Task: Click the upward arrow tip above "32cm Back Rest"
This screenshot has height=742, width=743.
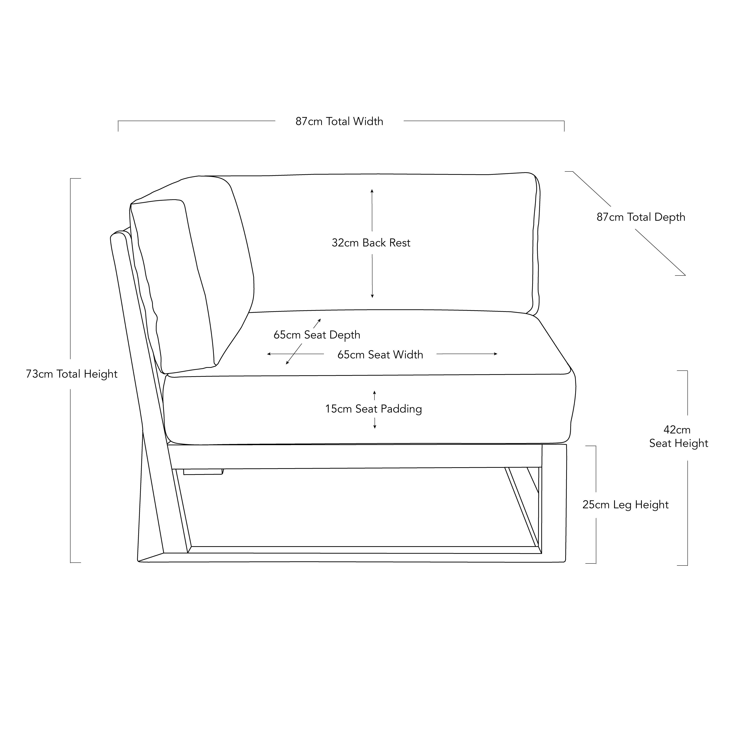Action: click(372, 190)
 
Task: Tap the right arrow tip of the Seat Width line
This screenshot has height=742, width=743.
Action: click(497, 354)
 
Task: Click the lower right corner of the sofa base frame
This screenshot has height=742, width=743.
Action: click(565, 562)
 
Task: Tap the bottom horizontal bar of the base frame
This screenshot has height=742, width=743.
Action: click(352, 558)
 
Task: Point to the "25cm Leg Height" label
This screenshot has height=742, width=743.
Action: click(625, 505)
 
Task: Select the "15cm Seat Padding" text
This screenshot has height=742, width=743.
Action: click(373, 409)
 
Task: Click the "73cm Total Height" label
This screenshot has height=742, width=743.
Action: click(72, 374)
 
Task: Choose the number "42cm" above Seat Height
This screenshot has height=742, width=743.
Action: click(677, 430)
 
